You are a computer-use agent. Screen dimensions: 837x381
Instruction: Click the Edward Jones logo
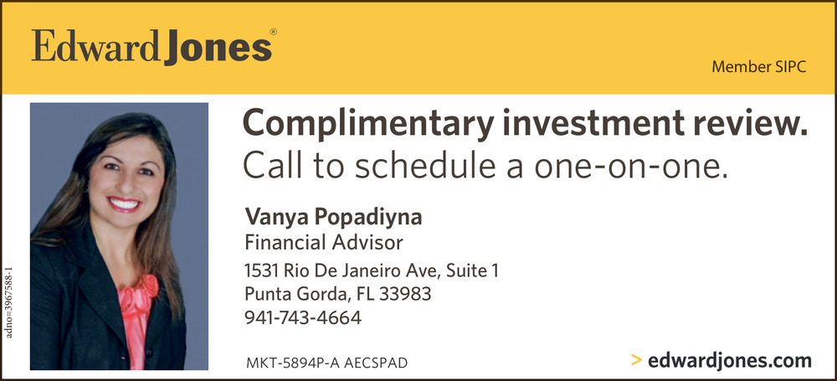[x=151, y=48]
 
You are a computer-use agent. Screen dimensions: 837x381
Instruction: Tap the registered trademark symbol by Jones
[x=274, y=32]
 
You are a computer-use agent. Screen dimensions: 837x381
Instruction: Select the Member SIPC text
[x=758, y=68]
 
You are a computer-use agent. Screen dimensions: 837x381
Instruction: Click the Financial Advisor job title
[x=324, y=243]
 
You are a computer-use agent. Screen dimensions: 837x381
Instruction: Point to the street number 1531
[x=261, y=270]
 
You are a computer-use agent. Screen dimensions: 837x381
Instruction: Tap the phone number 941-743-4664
[x=303, y=318]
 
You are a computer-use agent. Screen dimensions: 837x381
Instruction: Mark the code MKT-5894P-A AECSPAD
[x=326, y=363]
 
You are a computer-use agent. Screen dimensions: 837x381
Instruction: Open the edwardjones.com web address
[x=729, y=361]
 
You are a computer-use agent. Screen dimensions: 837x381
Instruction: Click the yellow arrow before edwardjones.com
[x=636, y=361]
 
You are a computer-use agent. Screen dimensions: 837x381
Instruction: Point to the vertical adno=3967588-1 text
[x=8, y=302]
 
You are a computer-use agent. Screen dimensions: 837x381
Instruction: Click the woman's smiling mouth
[x=124, y=203]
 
